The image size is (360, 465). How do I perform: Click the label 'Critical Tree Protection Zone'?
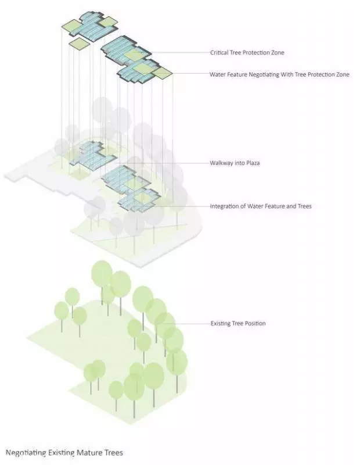tap(247, 53)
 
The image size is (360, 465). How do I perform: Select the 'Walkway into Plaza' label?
tap(235, 163)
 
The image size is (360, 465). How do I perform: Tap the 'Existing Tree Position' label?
tap(238, 323)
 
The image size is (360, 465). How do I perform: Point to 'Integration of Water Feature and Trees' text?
tap(261, 206)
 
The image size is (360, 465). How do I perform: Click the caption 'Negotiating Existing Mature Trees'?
tap(64, 453)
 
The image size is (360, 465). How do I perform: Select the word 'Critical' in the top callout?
tap(219, 53)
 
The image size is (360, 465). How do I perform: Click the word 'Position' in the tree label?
tap(255, 323)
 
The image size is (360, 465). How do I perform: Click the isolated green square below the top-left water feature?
tap(79, 43)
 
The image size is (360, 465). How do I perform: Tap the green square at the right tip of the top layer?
tap(163, 73)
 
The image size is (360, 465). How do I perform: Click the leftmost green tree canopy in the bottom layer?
tap(62, 310)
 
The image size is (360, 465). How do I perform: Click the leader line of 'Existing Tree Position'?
tap(186, 323)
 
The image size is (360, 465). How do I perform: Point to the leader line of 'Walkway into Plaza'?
tap(162, 163)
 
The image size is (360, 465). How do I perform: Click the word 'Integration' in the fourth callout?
tap(224, 206)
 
